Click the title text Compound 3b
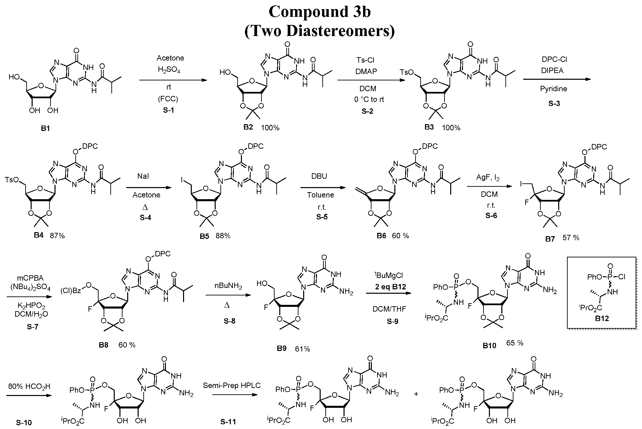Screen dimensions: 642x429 coord(320,12)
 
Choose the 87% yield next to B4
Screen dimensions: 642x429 coord(57,236)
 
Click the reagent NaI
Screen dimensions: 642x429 coord(143,176)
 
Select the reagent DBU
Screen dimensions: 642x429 coord(319,176)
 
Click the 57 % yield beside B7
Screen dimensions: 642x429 coord(571,238)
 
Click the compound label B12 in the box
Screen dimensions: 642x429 coord(602,318)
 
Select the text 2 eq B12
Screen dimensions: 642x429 coord(391,287)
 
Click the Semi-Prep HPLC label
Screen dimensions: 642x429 coord(232,385)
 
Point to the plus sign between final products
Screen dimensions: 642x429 coord(416,393)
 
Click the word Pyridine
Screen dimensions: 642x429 coord(554,89)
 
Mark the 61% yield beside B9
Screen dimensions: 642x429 coord(302,349)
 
